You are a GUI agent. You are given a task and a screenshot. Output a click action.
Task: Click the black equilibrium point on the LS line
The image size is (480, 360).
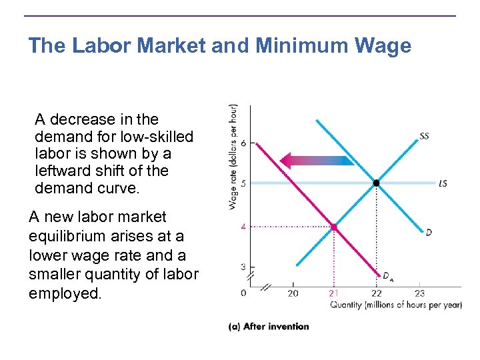click(377, 183)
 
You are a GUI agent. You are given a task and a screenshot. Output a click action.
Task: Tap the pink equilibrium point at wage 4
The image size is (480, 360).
click(334, 227)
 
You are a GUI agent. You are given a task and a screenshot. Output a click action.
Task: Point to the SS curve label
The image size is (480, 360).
click(424, 137)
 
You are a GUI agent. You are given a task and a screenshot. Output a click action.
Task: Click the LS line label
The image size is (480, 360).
click(443, 183)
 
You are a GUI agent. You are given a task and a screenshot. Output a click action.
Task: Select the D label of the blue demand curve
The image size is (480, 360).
click(429, 232)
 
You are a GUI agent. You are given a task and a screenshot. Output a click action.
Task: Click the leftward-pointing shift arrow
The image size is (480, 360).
click(316, 160)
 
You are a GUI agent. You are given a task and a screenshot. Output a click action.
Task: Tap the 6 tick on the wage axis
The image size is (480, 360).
click(243, 143)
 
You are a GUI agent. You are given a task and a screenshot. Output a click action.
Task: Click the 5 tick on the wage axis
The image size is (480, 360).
click(243, 183)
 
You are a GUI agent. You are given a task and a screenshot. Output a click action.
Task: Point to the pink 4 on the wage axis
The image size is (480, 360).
click(243, 227)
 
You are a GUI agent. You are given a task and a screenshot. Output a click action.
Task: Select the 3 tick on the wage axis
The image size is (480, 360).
click(243, 267)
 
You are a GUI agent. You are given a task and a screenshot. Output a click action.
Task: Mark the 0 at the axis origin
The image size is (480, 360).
click(243, 293)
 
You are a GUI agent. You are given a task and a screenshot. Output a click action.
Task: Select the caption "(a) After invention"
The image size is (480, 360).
click(269, 327)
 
